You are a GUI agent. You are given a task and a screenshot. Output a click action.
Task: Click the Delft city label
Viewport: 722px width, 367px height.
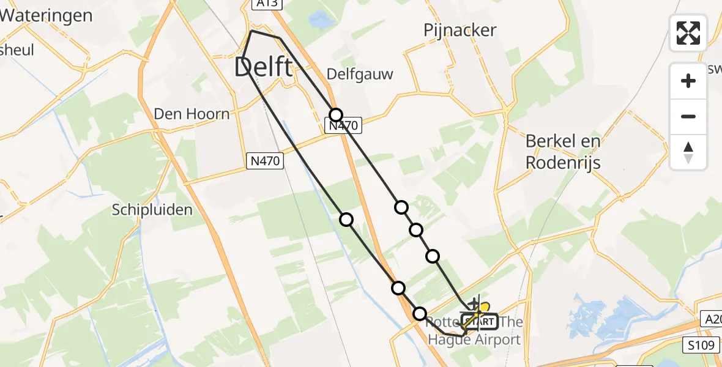263,67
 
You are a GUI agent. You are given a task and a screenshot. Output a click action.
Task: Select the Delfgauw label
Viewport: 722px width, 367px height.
360,74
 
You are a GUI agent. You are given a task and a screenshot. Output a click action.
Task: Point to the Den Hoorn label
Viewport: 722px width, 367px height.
192,114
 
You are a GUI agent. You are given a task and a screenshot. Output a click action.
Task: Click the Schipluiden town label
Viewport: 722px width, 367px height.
152,210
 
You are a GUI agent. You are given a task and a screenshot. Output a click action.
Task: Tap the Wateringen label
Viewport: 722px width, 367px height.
46,15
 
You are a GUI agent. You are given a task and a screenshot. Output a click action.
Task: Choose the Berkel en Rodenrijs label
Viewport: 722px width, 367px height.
563,152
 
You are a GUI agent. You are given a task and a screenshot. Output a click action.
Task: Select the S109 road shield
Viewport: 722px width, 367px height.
700,345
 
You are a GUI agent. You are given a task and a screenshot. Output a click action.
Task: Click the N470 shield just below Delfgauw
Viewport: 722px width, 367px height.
343,126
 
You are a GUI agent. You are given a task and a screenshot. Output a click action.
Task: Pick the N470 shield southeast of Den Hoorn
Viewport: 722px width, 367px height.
266,161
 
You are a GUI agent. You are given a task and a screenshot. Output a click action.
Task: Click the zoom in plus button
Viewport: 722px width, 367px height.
688,81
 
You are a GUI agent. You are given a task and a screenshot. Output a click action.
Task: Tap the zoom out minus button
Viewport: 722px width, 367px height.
688,116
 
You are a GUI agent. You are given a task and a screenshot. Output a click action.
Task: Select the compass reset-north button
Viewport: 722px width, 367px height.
688,152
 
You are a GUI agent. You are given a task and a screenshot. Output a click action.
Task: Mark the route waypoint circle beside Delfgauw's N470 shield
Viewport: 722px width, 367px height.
335,114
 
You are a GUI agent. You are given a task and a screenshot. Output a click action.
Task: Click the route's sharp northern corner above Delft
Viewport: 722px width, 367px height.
251,31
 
